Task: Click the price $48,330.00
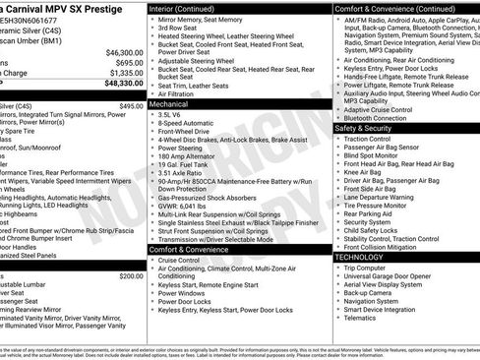point(119,86)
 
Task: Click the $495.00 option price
point(131,105)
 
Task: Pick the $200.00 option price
point(131,276)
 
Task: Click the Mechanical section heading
point(168,103)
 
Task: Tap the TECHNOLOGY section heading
point(359,257)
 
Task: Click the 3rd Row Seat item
point(178,27)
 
